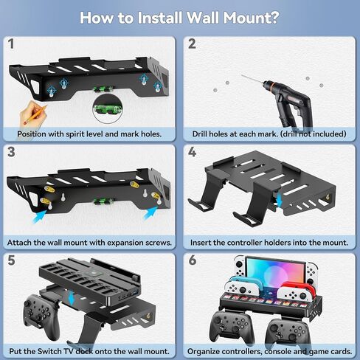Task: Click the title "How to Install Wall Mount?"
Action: [x=179, y=17]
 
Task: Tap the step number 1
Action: [x=12, y=44]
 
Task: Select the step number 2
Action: [x=193, y=44]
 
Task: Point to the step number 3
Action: [x=12, y=153]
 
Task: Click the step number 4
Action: [x=193, y=153]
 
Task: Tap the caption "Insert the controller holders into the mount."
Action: [x=269, y=242]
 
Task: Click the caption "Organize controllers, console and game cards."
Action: [x=269, y=351]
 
